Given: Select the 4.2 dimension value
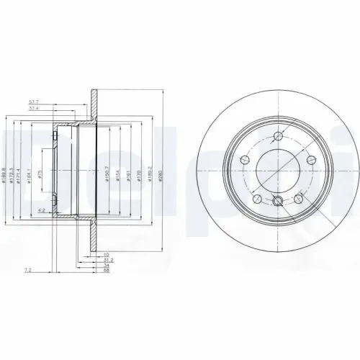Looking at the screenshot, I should point(43,211).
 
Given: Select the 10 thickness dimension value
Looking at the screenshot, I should point(105,253).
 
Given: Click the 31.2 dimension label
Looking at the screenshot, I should point(108,259).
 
